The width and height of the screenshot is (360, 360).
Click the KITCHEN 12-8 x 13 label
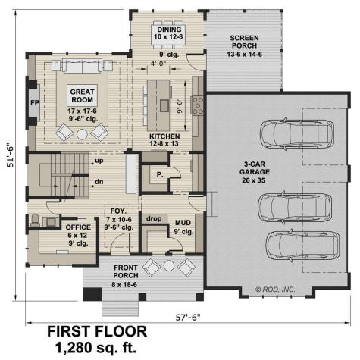(x=165, y=141)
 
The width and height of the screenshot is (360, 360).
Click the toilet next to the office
(x=35, y=221)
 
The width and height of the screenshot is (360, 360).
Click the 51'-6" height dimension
(x=11, y=158)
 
